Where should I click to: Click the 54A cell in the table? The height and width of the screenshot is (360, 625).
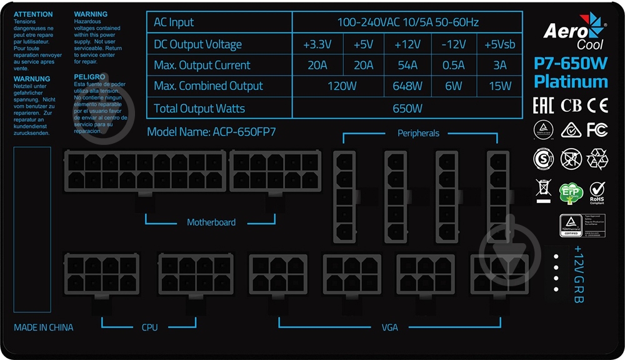(x=407, y=65)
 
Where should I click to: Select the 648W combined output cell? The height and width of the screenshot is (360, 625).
(x=407, y=86)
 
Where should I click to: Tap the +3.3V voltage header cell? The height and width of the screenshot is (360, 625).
(x=317, y=44)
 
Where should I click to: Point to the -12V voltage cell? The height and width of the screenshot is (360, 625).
(x=453, y=44)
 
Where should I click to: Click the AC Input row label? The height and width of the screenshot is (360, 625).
(x=174, y=22)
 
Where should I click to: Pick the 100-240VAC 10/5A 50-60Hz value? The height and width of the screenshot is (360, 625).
(x=407, y=22)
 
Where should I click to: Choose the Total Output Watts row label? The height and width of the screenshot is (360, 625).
(x=199, y=109)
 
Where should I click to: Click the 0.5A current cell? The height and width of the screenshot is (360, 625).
(x=453, y=65)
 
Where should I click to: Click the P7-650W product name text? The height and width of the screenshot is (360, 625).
(x=571, y=63)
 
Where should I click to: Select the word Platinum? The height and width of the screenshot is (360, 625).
(x=571, y=82)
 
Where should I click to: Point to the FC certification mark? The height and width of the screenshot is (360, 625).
(x=597, y=129)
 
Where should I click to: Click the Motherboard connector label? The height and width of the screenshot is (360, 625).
(x=211, y=222)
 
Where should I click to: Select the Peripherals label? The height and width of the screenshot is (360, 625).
(x=418, y=133)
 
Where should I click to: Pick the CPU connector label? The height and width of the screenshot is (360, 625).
(x=150, y=327)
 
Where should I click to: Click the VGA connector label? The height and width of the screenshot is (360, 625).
(x=390, y=327)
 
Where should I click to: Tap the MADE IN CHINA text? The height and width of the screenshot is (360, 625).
(x=43, y=327)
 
